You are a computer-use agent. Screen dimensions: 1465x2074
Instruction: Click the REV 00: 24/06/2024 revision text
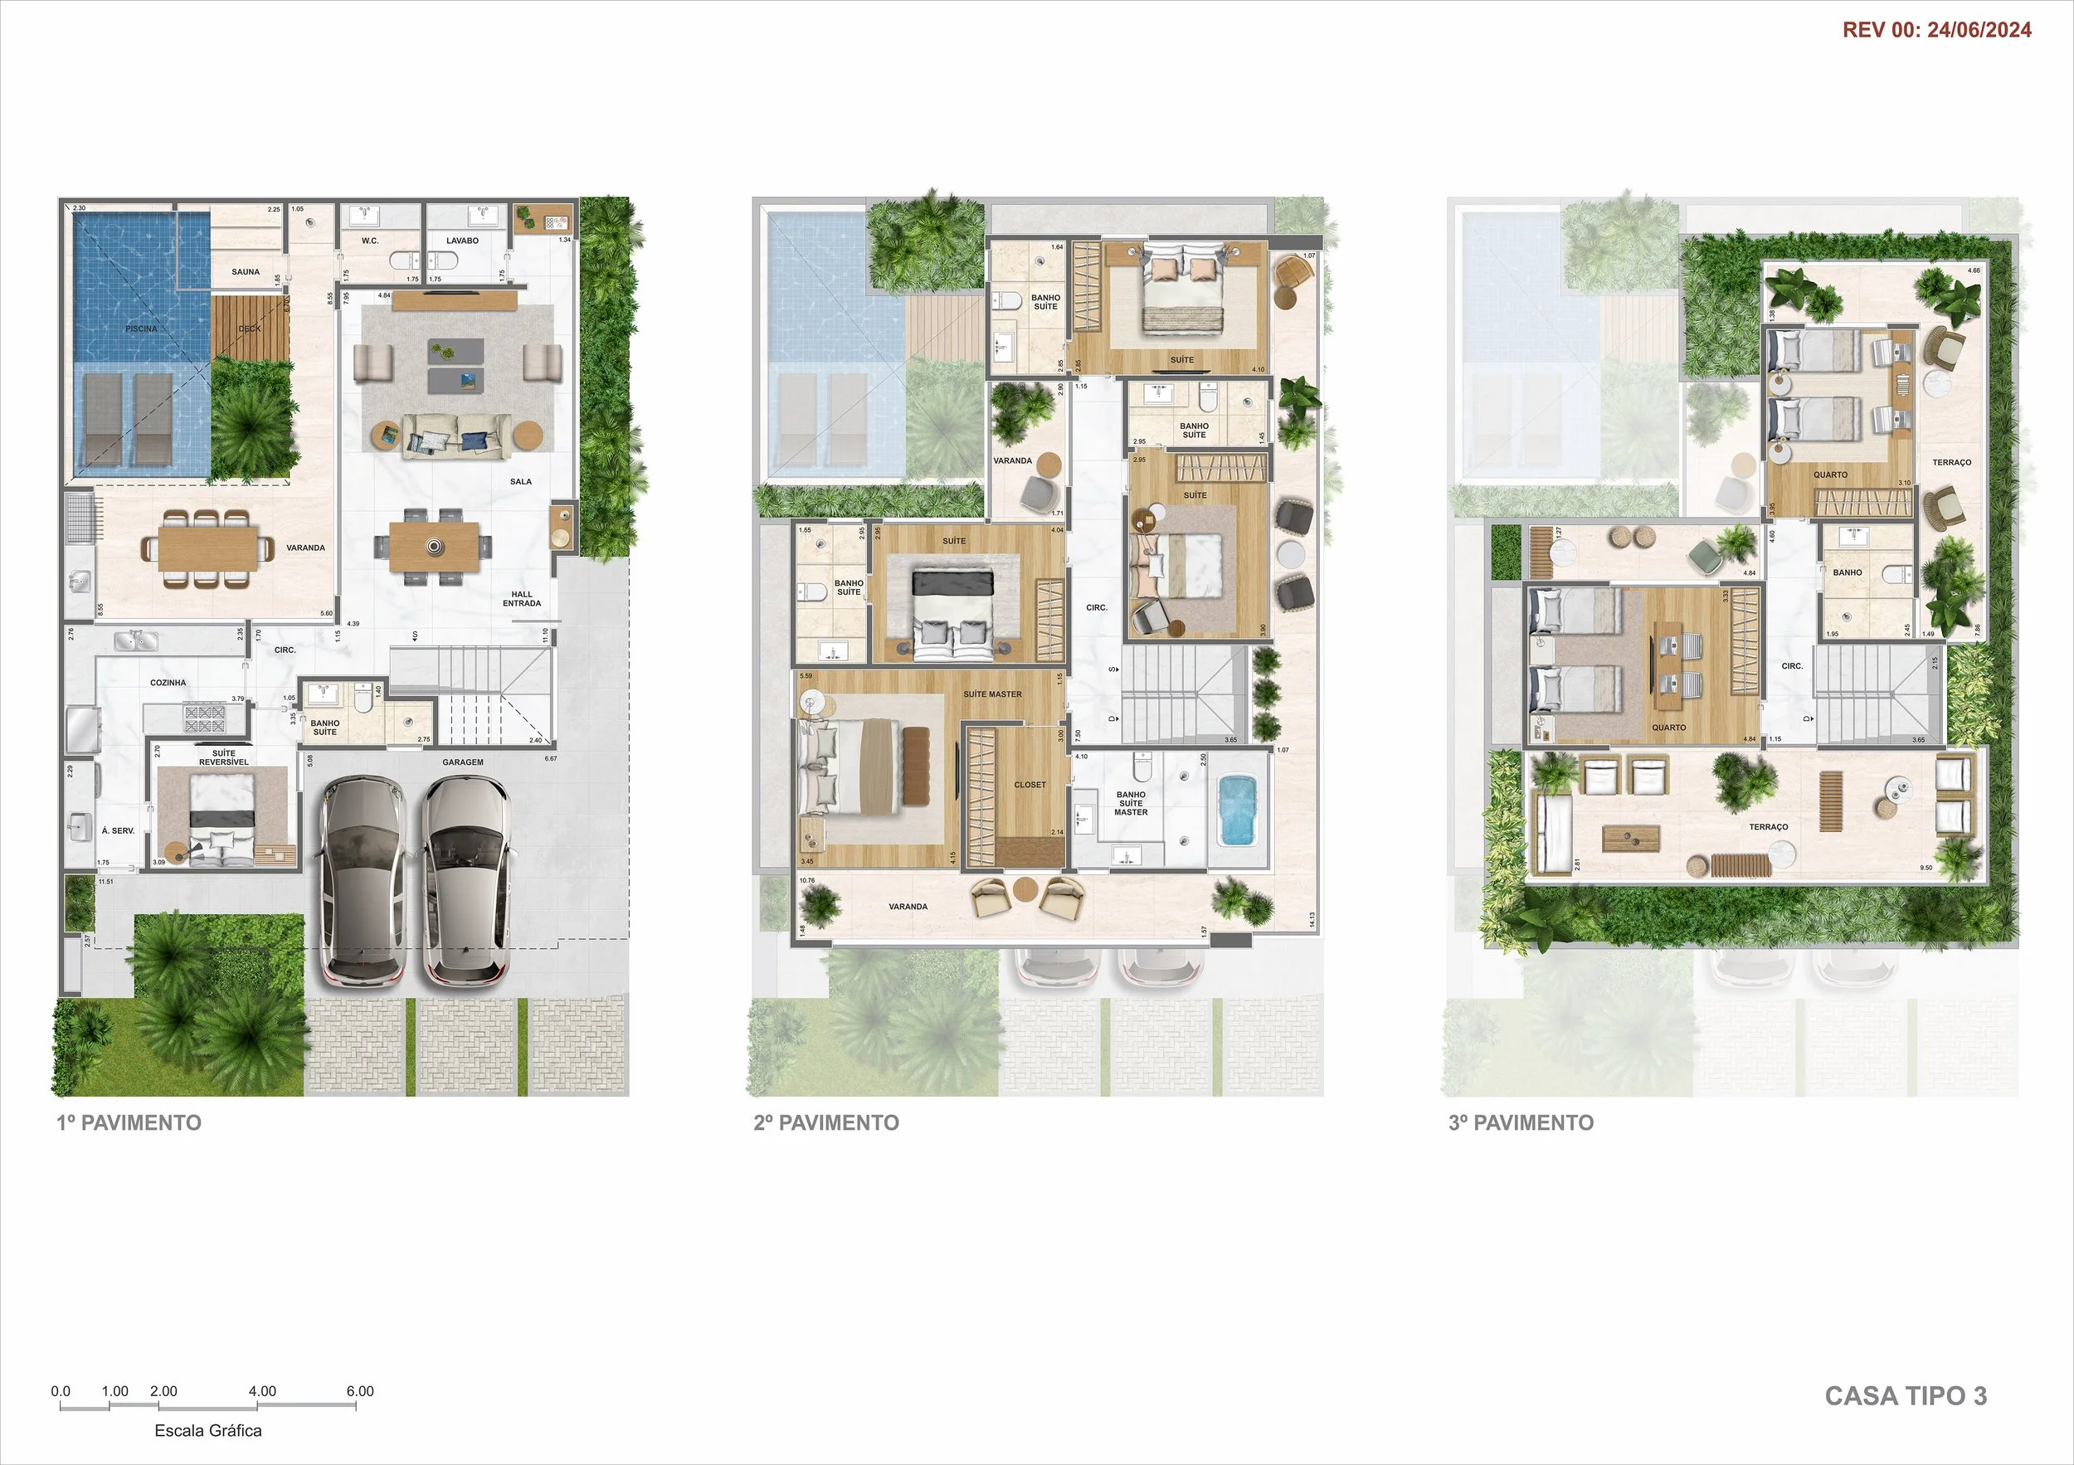click(1936, 30)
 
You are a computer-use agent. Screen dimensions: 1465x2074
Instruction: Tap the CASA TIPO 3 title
click(1905, 1395)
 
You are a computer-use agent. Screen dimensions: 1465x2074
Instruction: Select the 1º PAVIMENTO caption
click(129, 1122)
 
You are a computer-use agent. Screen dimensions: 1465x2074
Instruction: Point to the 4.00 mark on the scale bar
click(262, 1391)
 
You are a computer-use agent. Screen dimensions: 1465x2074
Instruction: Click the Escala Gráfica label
click(207, 1431)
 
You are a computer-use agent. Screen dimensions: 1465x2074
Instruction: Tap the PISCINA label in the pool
click(141, 329)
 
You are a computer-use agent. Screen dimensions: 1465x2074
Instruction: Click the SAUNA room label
click(246, 272)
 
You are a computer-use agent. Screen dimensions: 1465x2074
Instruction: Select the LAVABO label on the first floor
click(462, 241)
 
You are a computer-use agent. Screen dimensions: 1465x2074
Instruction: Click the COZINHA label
click(168, 683)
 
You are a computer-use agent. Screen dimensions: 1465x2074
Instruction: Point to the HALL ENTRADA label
click(522, 599)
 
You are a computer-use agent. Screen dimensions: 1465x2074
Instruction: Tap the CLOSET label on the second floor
click(1030, 785)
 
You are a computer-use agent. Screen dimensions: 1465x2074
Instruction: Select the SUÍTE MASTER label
click(992, 694)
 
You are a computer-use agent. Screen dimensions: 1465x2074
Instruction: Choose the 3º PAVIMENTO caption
click(1521, 1122)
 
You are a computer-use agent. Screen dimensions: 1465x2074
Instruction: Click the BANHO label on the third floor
click(1848, 572)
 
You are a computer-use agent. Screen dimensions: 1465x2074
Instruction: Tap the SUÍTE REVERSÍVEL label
click(224, 757)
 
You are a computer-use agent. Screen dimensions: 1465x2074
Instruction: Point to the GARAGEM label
click(462, 762)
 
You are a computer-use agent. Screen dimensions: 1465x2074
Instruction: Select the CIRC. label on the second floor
click(1097, 608)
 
